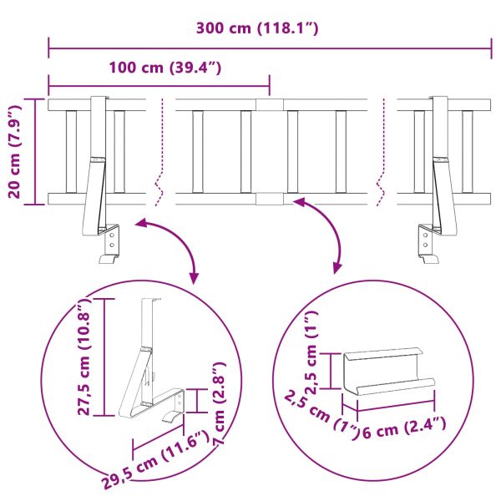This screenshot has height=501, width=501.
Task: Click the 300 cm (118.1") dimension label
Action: pyautogui.click(x=257, y=28)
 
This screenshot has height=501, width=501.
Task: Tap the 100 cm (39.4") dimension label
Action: pyautogui.click(x=164, y=67)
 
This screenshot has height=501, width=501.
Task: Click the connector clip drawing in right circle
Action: pyautogui.click(x=389, y=372)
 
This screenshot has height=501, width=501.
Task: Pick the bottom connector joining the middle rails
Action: pyautogui.click(x=269, y=199)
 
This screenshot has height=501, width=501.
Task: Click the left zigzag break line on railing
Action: pyautogui.click(x=159, y=150)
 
